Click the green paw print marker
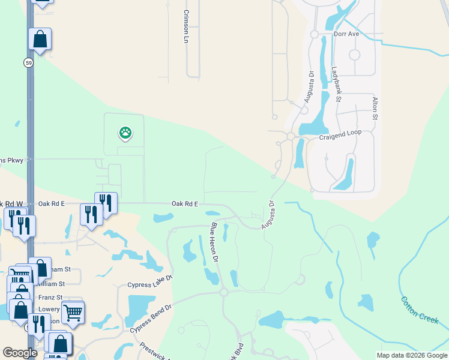coord(125,133)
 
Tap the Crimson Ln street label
coord(186,26)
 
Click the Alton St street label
coord(374,108)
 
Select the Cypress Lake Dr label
coord(150,281)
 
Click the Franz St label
coord(50,297)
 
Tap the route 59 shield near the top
coord(28,62)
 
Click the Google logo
coord(20,352)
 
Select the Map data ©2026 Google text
coord(411,355)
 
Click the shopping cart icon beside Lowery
coord(73,311)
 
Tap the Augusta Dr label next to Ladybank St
coord(308,88)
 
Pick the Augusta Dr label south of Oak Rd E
coord(268,214)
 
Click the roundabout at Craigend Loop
coord(291,137)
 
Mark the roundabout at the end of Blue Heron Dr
coord(223,292)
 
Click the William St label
coord(52,283)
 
